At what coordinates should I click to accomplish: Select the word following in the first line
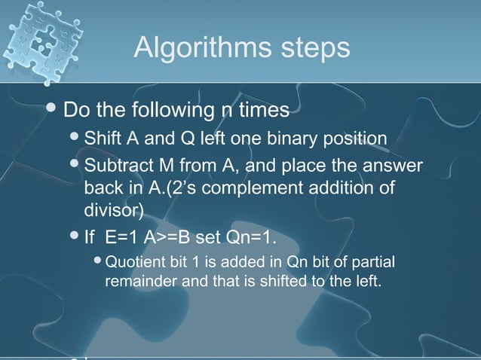(161, 111)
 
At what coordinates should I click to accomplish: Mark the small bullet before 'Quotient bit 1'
(97, 263)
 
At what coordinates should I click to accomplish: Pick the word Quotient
(133, 263)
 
